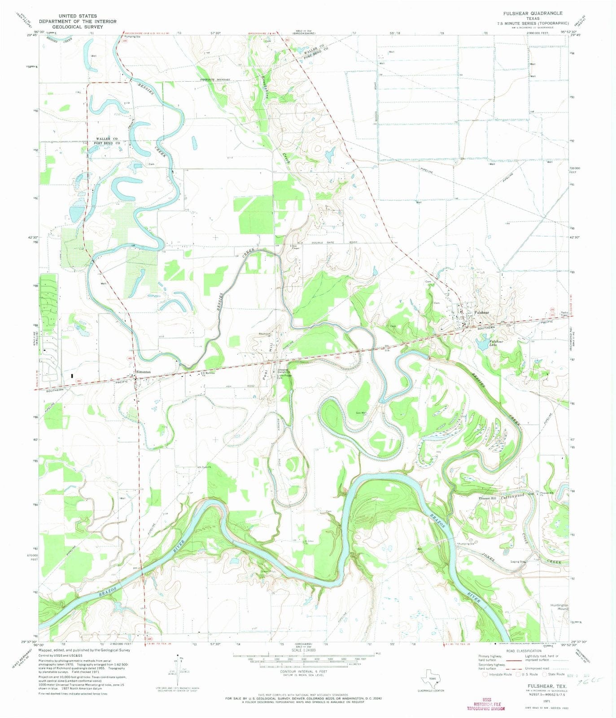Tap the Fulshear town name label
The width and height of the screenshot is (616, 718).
pyautogui.click(x=482, y=312)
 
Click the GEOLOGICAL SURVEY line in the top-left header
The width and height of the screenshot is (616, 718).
pyautogui.click(x=77, y=27)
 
